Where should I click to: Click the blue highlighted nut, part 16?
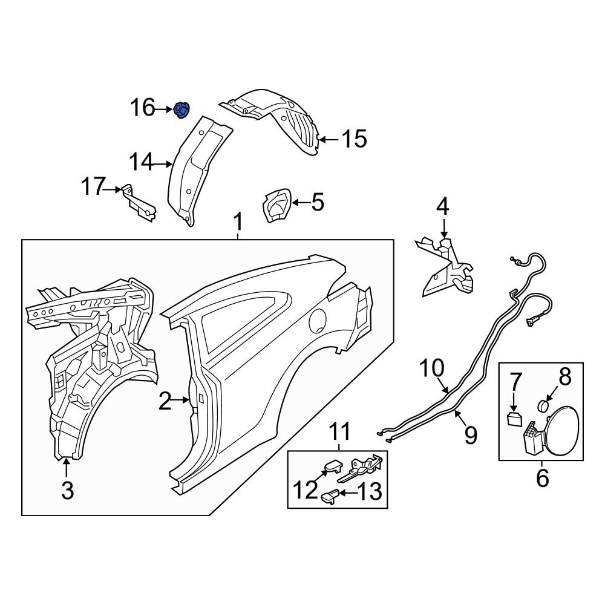pyautogui.click(x=181, y=110)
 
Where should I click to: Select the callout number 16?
pyautogui.click(x=143, y=109)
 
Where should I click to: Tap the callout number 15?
pyautogui.click(x=354, y=140)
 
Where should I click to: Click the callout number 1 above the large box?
pyautogui.click(x=238, y=223)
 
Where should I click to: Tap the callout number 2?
pyautogui.click(x=165, y=401)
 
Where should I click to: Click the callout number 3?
pyautogui.click(x=67, y=489)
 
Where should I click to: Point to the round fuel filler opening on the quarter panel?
pyautogui.click(x=319, y=321)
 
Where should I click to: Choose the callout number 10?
pyautogui.click(x=432, y=368)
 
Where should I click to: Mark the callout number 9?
pyautogui.click(x=470, y=434)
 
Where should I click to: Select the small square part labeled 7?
pyautogui.click(x=514, y=419)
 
